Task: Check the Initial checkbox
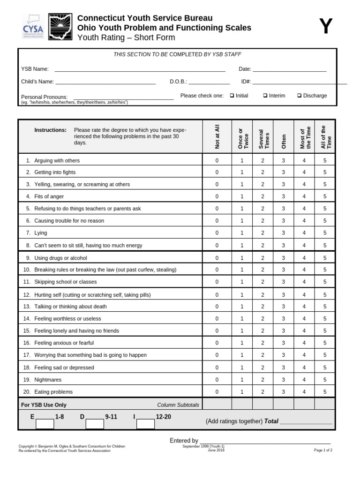pyautogui.click(x=232, y=96)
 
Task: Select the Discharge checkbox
pyautogui.click(x=300, y=96)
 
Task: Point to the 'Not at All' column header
pyautogui.click(x=217, y=137)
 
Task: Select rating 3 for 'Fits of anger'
pyautogui.click(x=283, y=196)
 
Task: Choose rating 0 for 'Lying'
pyautogui.click(x=217, y=233)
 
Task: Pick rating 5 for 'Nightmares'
pyautogui.click(x=325, y=380)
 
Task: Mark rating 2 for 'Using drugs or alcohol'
pyautogui.click(x=262, y=258)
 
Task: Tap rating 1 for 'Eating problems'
pyautogui.click(x=242, y=392)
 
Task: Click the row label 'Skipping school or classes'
pyautogui.click(x=65, y=282)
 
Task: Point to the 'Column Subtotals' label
pyautogui.click(x=178, y=405)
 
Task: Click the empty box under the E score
pyautogui.click(x=45, y=424)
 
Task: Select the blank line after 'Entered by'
pyautogui.click(x=265, y=441)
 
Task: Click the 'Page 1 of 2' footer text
pyautogui.click(x=323, y=450)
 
